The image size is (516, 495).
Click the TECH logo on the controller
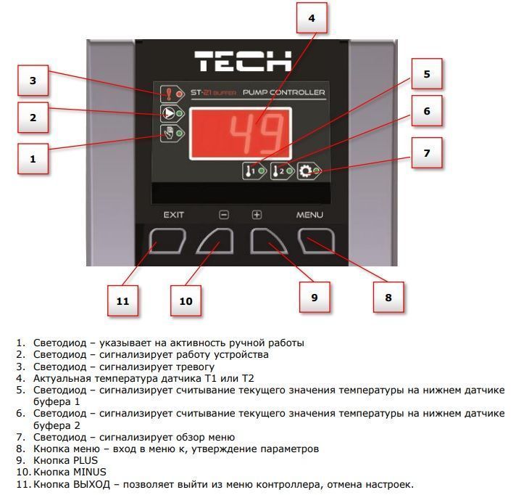pos(243,61)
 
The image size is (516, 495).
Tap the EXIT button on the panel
pos(167,241)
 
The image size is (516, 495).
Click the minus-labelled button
pos(215,241)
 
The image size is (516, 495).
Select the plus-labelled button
pos(269,241)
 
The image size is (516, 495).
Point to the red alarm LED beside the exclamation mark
pos(179,94)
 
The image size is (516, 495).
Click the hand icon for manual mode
pos(168,133)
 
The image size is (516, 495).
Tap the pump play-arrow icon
pos(168,113)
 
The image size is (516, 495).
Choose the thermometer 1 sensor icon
pos(249,171)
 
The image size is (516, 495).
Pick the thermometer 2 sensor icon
pos(278,171)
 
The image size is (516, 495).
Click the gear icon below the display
pos(305,171)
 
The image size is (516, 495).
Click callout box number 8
pos(388,298)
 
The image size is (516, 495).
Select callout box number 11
pos(122,301)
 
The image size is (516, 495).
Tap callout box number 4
pos(312,18)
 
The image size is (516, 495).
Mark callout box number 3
pos(33,81)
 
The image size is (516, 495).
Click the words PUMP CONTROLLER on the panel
pos(283,93)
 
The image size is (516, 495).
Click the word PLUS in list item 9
pos(86,460)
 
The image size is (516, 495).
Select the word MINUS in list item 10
pos(90,472)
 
